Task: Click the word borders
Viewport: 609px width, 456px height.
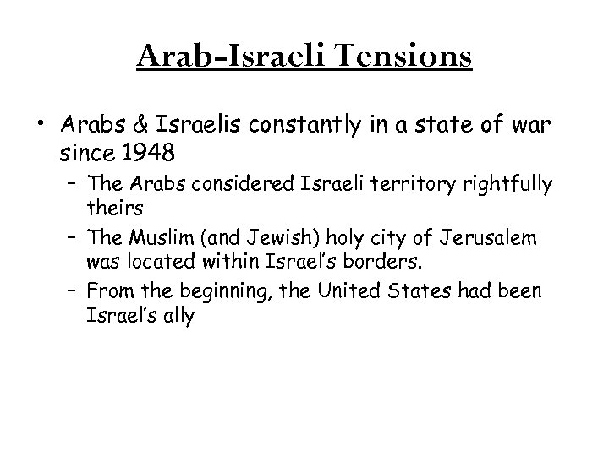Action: (x=324, y=263)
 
